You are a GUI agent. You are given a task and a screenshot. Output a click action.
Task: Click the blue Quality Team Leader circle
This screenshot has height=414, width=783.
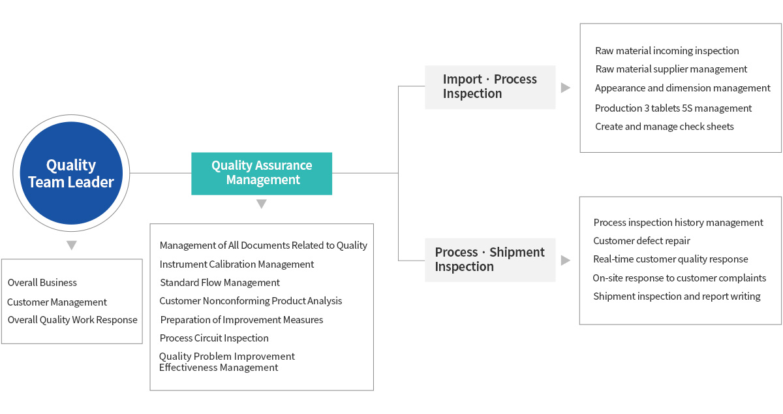click(71, 174)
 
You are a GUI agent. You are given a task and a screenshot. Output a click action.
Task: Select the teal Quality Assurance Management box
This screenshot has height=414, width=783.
click(262, 173)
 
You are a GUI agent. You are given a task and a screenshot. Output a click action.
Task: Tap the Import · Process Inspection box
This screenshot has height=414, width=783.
click(490, 87)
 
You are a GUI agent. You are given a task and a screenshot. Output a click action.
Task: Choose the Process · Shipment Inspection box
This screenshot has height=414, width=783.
click(490, 260)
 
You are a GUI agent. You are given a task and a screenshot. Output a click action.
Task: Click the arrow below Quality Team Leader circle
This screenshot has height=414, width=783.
click(71, 246)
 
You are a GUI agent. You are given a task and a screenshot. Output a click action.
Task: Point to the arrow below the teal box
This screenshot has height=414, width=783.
click(262, 204)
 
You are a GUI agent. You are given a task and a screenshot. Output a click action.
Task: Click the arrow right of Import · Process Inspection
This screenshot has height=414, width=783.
click(565, 88)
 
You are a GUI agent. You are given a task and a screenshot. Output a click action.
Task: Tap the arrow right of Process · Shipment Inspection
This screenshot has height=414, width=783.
click(565, 261)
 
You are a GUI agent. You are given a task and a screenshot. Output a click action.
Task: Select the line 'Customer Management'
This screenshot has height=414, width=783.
click(57, 302)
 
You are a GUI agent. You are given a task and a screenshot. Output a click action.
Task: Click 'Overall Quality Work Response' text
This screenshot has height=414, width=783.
click(72, 320)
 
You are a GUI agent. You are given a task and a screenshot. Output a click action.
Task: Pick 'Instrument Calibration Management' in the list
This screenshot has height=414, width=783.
click(237, 264)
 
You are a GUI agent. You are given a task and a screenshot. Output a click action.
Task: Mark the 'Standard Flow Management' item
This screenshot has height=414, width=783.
click(220, 283)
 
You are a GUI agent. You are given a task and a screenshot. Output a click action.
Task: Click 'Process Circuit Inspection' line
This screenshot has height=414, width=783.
click(214, 338)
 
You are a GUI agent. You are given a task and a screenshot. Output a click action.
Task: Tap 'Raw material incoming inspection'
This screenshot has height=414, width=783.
click(667, 51)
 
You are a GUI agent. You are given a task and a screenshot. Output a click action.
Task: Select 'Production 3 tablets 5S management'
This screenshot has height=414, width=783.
click(673, 108)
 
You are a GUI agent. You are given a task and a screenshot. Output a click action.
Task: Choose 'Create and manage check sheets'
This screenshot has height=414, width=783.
click(664, 127)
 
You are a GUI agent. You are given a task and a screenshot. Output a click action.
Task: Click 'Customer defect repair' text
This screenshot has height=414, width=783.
click(641, 241)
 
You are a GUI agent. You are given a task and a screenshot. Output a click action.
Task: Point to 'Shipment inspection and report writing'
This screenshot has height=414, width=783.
click(677, 296)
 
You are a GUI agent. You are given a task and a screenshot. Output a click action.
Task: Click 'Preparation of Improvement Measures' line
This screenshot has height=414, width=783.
click(241, 320)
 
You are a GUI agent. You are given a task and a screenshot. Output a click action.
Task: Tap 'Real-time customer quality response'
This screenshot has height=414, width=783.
click(671, 259)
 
